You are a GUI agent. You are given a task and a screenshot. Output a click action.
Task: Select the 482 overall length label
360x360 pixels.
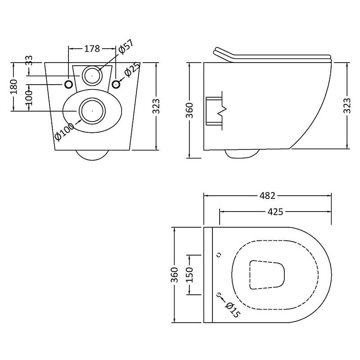(x=267, y=196)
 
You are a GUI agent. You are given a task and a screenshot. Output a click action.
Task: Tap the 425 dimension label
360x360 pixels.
(x=274, y=211)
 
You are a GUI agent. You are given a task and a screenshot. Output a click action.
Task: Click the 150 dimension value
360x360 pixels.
(x=189, y=274)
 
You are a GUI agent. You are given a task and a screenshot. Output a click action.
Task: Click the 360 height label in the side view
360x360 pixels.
(x=189, y=110)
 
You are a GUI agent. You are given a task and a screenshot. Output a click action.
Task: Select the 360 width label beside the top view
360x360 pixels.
(x=173, y=275)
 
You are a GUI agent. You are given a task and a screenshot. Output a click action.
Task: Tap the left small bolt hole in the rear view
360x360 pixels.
(x=68, y=84)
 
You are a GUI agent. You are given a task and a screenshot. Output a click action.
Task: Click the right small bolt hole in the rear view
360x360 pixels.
(x=116, y=84)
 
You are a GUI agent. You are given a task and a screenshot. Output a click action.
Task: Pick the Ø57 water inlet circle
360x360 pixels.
(x=92, y=75)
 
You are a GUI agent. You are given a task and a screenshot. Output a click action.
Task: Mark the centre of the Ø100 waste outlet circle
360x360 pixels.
(x=92, y=110)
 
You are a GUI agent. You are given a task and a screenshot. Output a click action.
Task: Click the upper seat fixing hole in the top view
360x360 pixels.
(x=219, y=255)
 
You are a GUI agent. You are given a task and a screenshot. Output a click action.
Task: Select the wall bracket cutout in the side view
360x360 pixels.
(x=215, y=109)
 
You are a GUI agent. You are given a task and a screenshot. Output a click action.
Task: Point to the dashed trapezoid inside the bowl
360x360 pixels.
(x=267, y=274)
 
